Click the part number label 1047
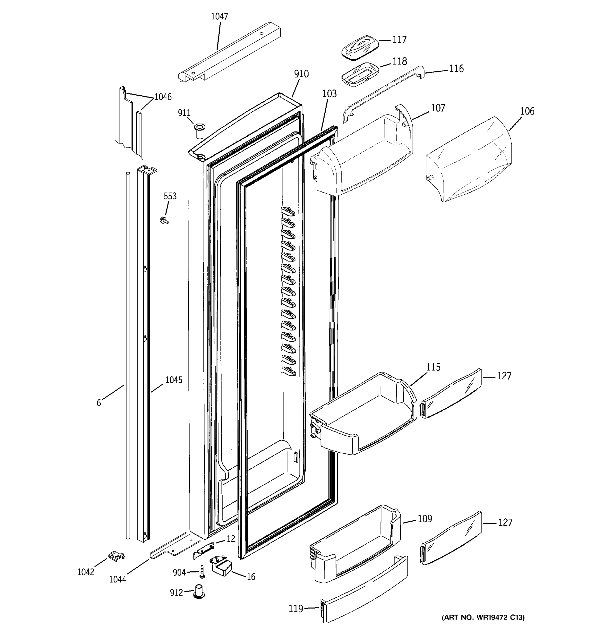click(219, 17)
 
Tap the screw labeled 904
click(202, 571)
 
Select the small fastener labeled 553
click(165, 220)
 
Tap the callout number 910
click(301, 74)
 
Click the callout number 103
click(329, 94)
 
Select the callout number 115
click(433, 367)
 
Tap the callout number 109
click(425, 519)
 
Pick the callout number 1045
click(174, 380)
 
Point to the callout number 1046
click(163, 97)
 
